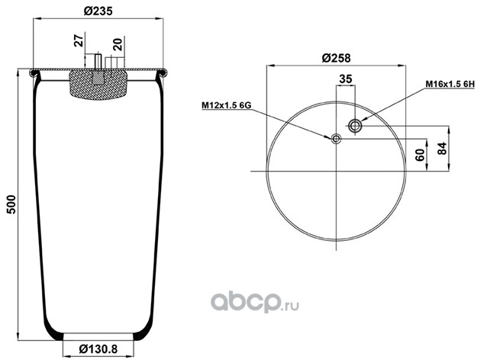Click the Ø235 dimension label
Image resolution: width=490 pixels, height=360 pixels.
click(x=98, y=11)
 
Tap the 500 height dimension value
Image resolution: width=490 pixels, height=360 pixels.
click(x=11, y=204)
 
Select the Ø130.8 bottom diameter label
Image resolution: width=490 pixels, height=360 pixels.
click(x=98, y=349)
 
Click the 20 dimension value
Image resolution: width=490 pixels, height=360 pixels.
click(x=118, y=45)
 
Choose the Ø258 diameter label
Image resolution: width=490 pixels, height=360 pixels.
click(x=337, y=58)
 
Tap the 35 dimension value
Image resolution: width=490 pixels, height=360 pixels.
click(x=346, y=79)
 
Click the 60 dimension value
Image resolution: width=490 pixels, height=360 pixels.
click(x=421, y=155)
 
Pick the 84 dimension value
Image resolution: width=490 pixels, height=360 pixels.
click(x=442, y=148)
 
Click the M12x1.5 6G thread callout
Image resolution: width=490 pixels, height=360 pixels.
click(x=227, y=105)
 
